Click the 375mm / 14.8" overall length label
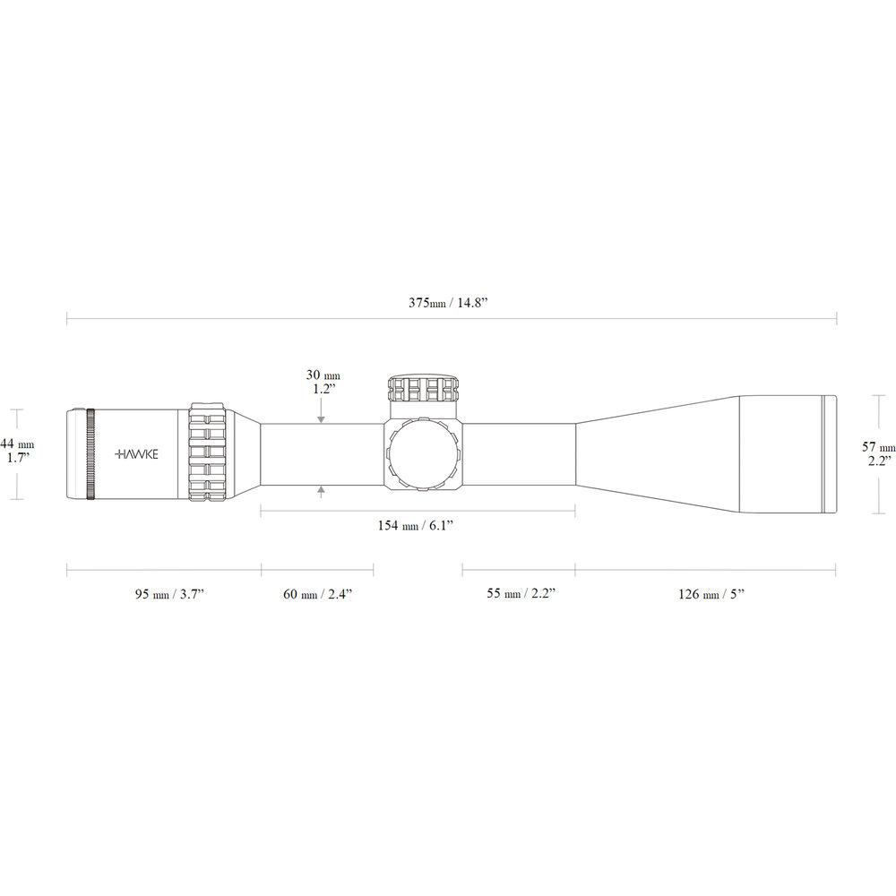coord(452,304)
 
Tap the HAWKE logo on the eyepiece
coord(137,454)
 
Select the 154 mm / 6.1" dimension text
coord(416,526)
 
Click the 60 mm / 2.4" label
coord(317,593)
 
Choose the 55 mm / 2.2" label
coord(518,593)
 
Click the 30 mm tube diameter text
coord(323,375)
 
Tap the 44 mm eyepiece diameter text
coord(17,444)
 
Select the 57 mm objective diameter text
coord(878,447)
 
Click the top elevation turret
coord(424,388)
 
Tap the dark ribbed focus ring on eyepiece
coord(90,454)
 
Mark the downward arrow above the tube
coord(321,415)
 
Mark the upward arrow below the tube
coord(321,492)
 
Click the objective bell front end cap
coord(830,454)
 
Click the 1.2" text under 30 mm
coord(323,390)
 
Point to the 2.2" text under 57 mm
coord(878,461)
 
